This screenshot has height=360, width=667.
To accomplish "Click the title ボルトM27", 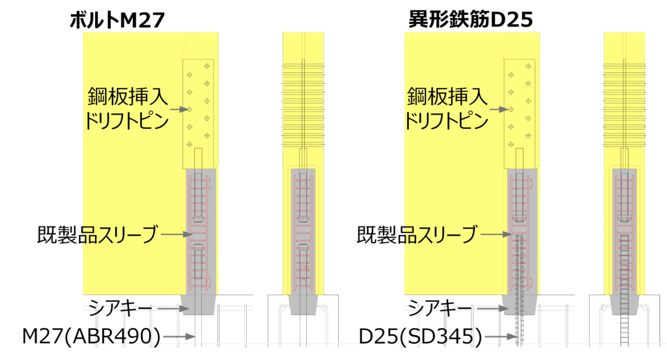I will pos(117,20).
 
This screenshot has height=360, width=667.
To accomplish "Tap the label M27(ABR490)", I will pos(91,337).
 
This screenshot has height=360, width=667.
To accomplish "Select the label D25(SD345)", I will pos(421,337).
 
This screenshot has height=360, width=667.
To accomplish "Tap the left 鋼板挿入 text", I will pos(128,98).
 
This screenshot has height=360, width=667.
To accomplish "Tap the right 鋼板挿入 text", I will pos(447,98).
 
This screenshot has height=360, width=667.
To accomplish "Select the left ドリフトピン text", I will pos(128,121).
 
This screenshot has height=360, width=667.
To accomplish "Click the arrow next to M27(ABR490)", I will pos(179,337).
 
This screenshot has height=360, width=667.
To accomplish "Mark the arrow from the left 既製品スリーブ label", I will pos(174,233).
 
